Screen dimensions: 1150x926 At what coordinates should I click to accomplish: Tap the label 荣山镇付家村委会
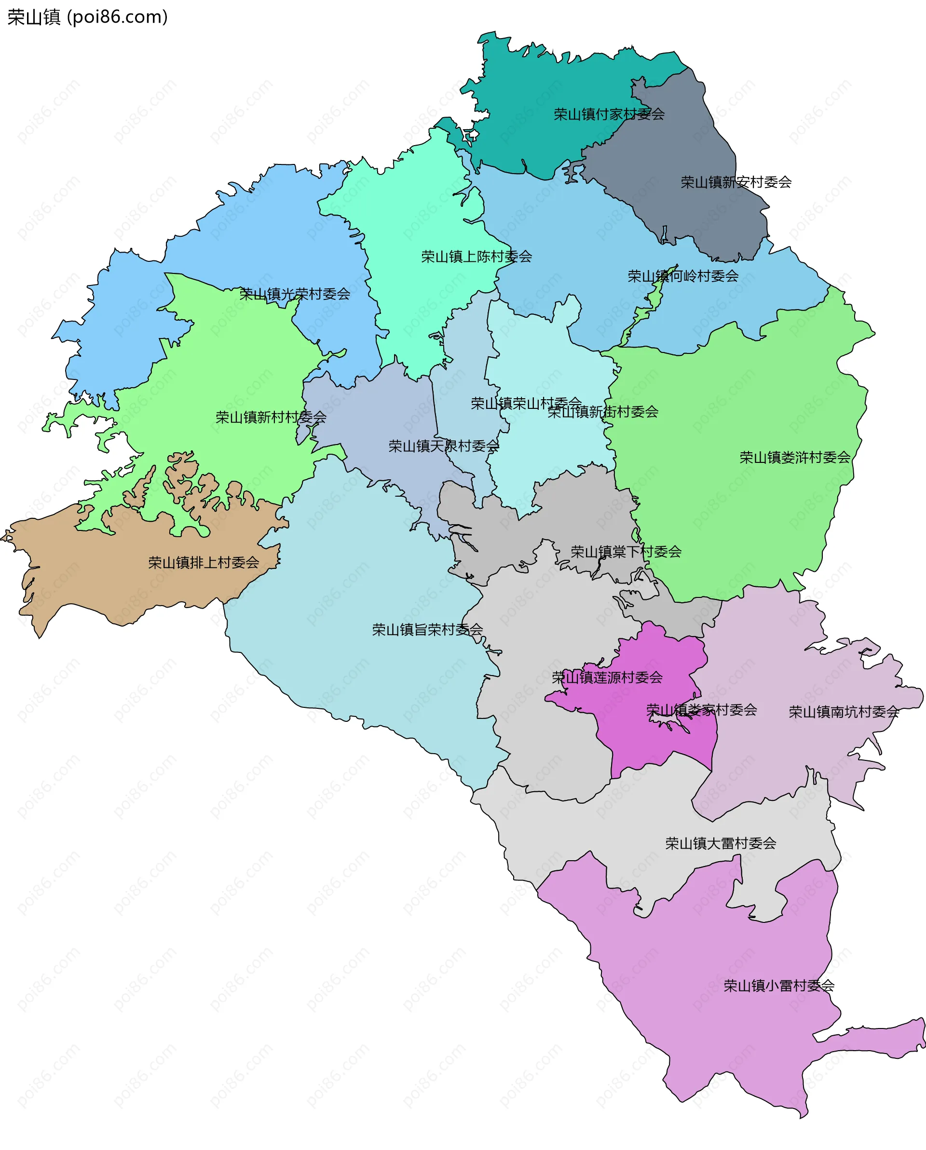(x=609, y=114)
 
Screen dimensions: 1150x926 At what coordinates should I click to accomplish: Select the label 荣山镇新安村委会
(x=735, y=182)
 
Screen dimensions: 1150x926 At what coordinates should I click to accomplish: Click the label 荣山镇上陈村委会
(x=477, y=257)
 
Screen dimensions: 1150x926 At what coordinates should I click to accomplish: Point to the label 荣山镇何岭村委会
(x=683, y=276)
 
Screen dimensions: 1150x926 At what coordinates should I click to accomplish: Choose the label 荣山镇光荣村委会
(x=295, y=294)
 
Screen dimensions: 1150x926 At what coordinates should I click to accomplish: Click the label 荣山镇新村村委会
(x=271, y=417)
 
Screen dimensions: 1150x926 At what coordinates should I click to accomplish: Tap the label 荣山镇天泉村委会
(x=443, y=446)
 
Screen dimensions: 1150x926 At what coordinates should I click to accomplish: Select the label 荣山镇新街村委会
(x=603, y=412)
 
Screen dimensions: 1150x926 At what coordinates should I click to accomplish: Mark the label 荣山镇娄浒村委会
(x=795, y=457)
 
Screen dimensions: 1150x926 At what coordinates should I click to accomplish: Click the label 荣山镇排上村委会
(x=203, y=563)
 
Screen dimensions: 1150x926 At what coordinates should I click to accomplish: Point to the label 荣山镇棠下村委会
(x=626, y=552)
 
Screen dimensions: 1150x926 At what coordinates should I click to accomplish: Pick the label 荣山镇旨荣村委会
(x=427, y=630)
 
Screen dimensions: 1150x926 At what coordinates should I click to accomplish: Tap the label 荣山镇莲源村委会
(x=607, y=677)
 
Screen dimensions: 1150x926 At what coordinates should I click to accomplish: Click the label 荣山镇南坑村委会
(x=844, y=712)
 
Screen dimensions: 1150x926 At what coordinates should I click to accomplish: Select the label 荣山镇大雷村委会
(x=720, y=843)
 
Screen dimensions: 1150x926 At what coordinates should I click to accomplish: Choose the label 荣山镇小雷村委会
(x=778, y=986)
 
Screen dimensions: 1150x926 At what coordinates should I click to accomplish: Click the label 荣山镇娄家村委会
(x=701, y=710)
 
